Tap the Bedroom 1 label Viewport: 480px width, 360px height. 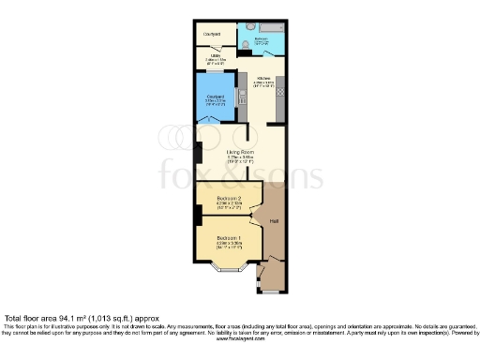click(x=230, y=239)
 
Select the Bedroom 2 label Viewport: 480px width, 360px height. click(x=230, y=199)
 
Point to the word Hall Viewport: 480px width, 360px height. click(x=275, y=221)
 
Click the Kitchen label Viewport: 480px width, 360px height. click(x=264, y=80)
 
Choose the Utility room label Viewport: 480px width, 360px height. click(x=213, y=55)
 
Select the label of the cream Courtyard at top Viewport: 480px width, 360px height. click(x=211, y=33)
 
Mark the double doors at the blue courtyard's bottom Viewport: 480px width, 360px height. click(x=215, y=120)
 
